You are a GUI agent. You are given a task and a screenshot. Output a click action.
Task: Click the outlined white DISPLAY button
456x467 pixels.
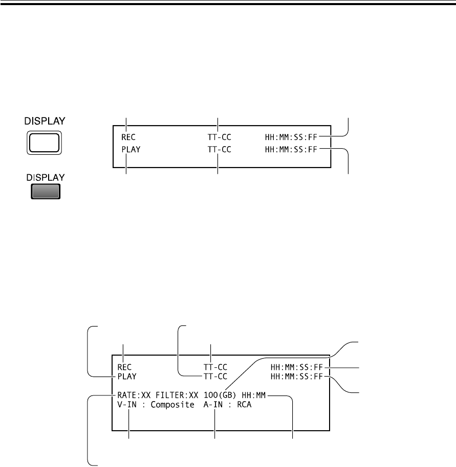tap(45, 143)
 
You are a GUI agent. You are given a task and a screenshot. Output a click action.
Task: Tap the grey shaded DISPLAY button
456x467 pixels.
tap(46, 191)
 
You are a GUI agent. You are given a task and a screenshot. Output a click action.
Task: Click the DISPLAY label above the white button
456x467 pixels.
tap(45, 121)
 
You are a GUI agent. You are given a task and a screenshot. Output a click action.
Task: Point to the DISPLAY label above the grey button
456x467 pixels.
tap(46, 177)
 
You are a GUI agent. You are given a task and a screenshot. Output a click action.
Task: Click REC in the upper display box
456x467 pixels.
tap(128, 137)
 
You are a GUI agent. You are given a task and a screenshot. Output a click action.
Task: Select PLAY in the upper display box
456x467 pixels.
tap(131, 150)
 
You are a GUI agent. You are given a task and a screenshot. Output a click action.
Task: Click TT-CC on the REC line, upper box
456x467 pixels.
tap(220, 137)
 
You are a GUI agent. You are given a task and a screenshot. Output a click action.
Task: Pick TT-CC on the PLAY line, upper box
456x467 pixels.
tap(220, 150)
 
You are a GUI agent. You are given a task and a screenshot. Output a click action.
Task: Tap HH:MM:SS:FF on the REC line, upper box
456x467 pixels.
tap(291, 137)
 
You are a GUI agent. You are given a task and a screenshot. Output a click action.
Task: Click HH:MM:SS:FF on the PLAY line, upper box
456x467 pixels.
tap(291, 150)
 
